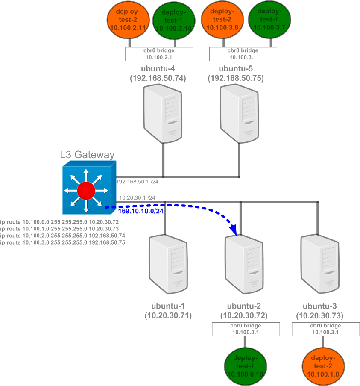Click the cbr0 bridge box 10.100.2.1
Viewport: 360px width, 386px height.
(x=159, y=54)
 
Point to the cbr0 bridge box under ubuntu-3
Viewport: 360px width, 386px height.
(x=323, y=329)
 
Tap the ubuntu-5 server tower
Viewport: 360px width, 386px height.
(x=240, y=113)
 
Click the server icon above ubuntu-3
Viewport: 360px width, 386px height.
(x=320, y=265)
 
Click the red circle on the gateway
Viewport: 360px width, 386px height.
(x=86, y=190)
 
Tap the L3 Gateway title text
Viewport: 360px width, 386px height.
(x=87, y=154)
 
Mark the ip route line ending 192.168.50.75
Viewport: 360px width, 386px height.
(x=62, y=242)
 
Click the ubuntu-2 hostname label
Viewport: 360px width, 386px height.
(x=243, y=306)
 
